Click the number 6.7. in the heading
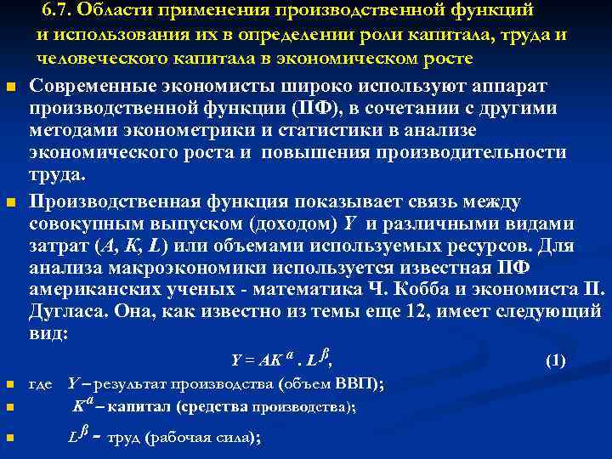pos(59,11)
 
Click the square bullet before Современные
pos(9,88)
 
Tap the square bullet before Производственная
pos(9,203)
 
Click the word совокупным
pos(93,224)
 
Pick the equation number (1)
pos(555,360)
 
